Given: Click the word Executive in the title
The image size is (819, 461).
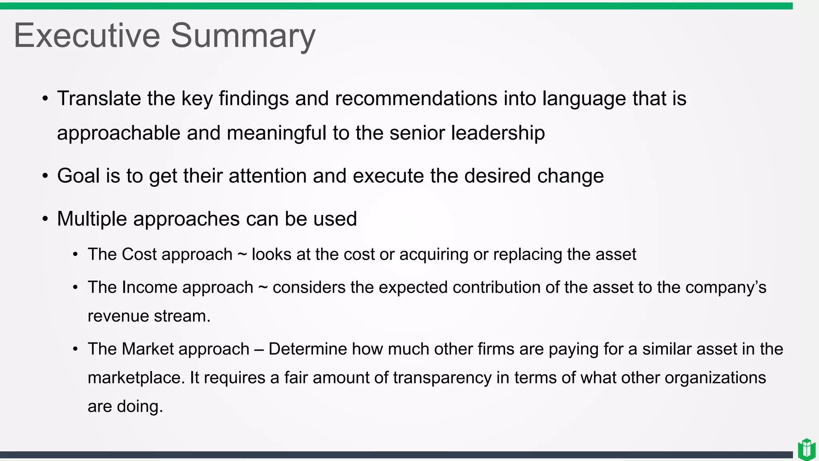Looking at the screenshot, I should [87, 36].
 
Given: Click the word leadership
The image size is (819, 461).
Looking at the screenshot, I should [498, 133].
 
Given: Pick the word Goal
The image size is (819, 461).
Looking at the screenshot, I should [78, 176].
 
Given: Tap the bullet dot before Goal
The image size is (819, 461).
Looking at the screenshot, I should [45, 176].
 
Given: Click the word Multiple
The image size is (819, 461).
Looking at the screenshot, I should [92, 219].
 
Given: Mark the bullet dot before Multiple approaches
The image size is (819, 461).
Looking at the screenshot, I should [45, 219].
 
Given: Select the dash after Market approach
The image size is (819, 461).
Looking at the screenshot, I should [259, 349].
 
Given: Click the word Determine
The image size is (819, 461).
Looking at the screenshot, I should [308, 349].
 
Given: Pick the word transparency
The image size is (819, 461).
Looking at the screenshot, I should [442, 378].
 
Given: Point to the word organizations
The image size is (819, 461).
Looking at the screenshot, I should [715, 378].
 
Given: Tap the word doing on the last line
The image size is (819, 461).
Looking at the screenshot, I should [140, 407].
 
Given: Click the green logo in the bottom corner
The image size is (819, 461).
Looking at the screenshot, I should [806, 449].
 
